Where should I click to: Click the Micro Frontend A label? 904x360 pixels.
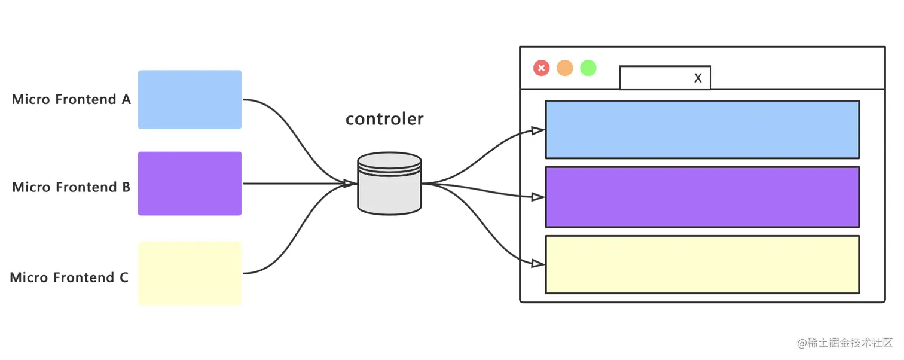pyautogui.click(x=71, y=99)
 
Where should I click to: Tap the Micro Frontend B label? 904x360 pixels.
pyautogui.click(x=71, y=187)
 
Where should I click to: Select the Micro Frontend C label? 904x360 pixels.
pyautogui.click(x=69, y=277)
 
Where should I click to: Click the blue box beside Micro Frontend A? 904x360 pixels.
pyautogui.click(x=190, y=99)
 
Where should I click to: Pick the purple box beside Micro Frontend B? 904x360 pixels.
pyautogui.click(x=190, y=184)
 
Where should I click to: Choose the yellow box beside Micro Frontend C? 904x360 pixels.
pyautogui.click(x=190, y=274)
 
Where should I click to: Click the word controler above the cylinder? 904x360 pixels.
pyautogui.click(x=384, y=119)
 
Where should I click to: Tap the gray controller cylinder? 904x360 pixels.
pyautogui.click(x=389, y=184)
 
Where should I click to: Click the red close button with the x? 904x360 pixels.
pyautogui.click(x=542, y=68)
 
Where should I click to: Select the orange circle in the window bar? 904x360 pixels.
pyautogui.click(x=565, y=68)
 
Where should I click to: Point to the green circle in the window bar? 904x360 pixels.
pyautogui.click(x=588, y=68)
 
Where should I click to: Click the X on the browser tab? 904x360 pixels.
pyautogui.click(x=698, y=78)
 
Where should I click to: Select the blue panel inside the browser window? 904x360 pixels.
pyautogui.click(x=703, y=130)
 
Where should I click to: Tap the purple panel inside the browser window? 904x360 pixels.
pyautogui.click(x=703, y=197)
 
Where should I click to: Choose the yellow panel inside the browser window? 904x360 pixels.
pyautogui.click(x=703, y=264)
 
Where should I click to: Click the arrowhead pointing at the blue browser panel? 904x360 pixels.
pyautogui.click(x=538, y=130)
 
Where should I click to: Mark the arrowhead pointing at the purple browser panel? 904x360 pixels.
pyautogui.click(x=538, y=197)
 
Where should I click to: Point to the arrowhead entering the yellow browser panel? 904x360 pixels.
pyautogui.click(x=538, y=264)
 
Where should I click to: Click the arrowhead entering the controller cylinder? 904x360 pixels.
pyautogui.click(x=350, y=184)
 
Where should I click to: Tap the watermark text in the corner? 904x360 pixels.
pyautogui.click(x=845, y=343)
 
